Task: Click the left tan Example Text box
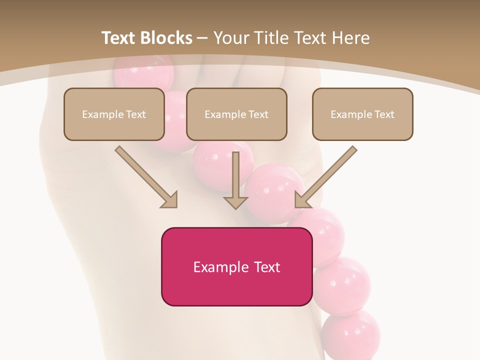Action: point(114,114)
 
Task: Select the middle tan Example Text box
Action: point(236,114)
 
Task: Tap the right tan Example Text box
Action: point(362,114)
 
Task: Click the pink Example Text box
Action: point(236,266)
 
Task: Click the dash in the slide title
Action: point(202,38)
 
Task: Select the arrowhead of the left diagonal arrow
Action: point(170,200)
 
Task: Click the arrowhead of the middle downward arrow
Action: point(235,202)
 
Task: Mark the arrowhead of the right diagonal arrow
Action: point(301,199)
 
